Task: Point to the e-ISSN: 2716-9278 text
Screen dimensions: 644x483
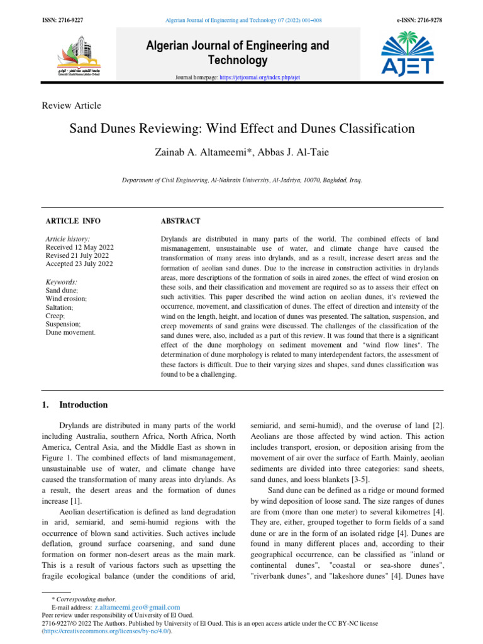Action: (x=419, y=20)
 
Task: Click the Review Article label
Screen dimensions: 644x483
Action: (x=71, y=106)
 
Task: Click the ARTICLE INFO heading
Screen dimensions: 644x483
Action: (x=73, y=221)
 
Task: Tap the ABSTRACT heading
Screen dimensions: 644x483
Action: (x=180, y=221)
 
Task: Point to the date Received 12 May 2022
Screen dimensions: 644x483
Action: (x=77, y=247)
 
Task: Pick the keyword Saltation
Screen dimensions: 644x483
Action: (x=59, y=307)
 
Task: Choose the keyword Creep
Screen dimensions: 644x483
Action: (x=55, y=316)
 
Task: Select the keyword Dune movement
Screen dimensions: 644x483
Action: (x=70, y=331)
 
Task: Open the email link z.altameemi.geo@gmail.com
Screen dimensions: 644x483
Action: (x=137, y=608)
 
